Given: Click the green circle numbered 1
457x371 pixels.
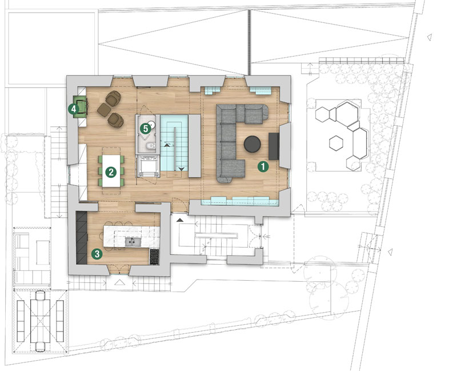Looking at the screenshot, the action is [263, 166].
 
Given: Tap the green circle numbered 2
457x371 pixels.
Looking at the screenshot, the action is [111, 172].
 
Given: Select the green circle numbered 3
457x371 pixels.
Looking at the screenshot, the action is [97, 254].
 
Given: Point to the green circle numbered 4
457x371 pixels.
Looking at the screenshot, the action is [74, 109].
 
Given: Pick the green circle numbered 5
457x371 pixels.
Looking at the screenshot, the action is [145, 129].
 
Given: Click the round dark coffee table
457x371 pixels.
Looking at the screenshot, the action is [252, 144].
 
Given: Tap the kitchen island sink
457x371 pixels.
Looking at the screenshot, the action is [132, 242].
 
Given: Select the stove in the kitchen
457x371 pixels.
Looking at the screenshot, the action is [154, 257].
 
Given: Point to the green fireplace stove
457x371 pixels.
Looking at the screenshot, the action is [80, 107].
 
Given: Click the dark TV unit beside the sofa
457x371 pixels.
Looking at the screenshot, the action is [274, 146].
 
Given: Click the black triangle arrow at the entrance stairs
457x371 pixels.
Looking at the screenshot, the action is [180, 220].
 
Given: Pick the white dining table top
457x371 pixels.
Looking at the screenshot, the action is [111, 171].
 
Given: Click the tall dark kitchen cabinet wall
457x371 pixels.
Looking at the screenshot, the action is [82, 238].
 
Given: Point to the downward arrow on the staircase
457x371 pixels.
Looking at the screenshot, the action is [181, 169].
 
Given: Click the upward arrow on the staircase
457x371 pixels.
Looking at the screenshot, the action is [167, 145].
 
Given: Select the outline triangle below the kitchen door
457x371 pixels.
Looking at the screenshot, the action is [119, 282].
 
